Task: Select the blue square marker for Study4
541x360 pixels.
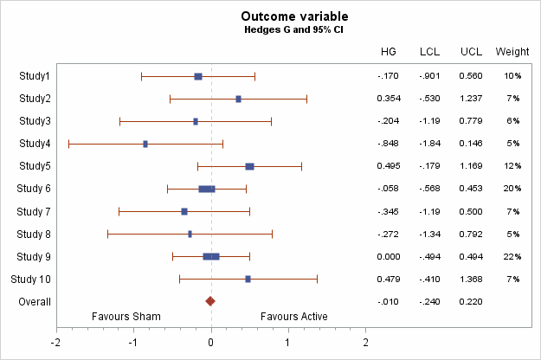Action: point(145,144)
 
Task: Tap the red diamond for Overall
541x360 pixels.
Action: point(210,301)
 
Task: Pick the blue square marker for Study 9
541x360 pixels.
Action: point(211,256)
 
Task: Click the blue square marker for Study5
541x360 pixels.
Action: point(249,166)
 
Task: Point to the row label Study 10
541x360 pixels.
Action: point(30,279)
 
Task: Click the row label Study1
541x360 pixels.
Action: point(35,76)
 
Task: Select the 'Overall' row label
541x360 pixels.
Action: point(35,301)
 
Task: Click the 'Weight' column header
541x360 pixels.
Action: point(512,52)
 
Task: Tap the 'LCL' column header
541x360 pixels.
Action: point(430,52)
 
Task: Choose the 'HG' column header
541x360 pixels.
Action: point(389,52)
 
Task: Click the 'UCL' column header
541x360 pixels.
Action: point(471,52)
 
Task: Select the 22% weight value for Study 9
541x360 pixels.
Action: point(512,256)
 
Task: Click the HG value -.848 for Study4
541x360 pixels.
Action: point(389,144)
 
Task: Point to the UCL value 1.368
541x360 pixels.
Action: point(471,279)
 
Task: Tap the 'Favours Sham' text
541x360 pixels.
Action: point(126,317)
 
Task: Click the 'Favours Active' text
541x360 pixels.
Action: point(294,317)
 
